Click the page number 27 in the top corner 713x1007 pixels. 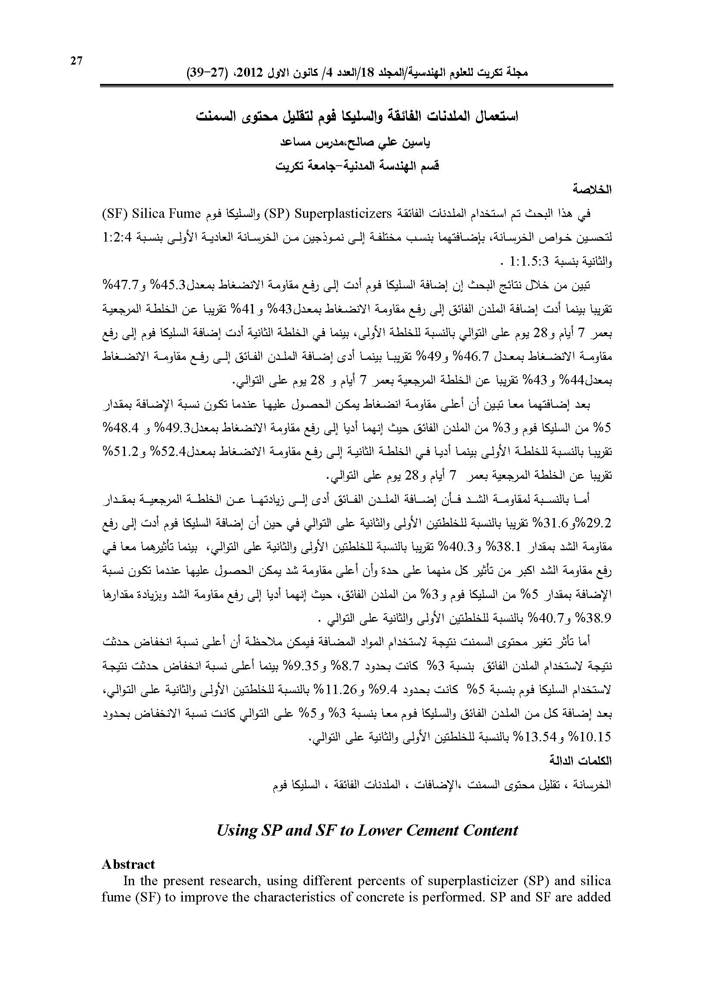click(x=76, y=61)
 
